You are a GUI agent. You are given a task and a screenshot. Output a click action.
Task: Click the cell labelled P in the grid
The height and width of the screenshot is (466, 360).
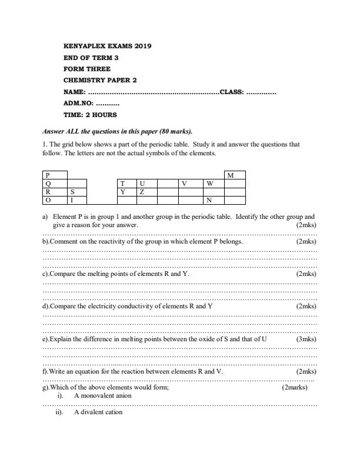[55, 175]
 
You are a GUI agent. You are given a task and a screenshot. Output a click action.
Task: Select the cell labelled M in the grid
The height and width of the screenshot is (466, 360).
[235, 175]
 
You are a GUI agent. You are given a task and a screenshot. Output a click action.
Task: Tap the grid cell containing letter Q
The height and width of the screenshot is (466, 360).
[55, 183]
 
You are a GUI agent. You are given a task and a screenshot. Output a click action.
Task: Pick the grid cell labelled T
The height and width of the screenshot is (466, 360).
[127, 183]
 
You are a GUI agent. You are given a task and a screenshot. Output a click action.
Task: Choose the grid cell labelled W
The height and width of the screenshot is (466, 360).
[214, 183]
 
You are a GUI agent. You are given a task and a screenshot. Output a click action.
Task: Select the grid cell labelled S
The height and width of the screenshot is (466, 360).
[77, 191]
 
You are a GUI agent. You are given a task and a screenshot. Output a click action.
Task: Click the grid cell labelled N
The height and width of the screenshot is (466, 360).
[214, 199]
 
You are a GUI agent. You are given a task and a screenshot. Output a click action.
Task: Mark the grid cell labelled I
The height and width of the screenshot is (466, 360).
[77, 199]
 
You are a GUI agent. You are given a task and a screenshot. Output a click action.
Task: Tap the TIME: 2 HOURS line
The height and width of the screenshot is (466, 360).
[90, 115]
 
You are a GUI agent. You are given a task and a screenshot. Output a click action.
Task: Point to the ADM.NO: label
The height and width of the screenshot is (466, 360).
[76, 103]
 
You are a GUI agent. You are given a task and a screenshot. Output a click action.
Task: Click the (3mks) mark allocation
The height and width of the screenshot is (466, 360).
[306, 339]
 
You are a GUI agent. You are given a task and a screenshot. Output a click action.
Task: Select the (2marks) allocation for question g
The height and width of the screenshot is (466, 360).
[295, 387]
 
